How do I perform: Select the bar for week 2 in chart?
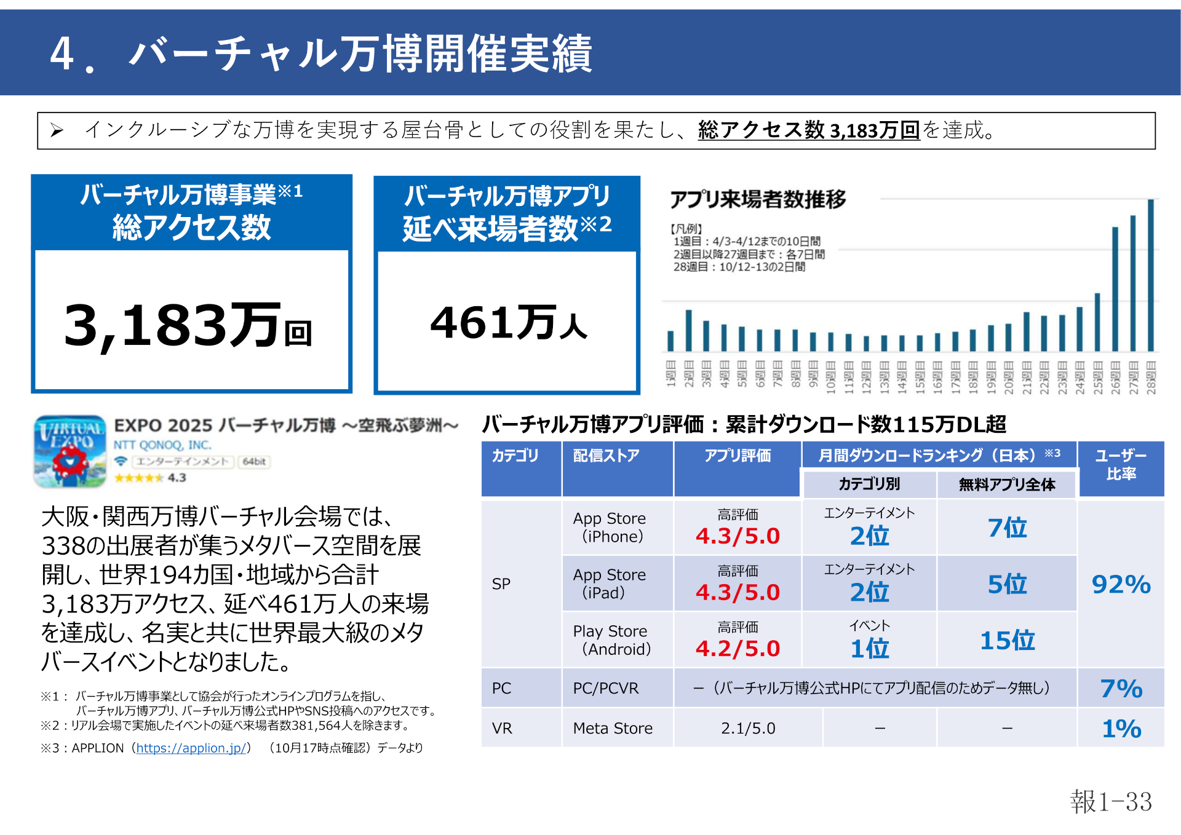(x=688, y=331)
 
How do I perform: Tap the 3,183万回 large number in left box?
(x=188, y=326)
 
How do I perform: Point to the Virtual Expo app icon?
(x=70, y=452)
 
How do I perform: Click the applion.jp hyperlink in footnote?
(x=191, y=748)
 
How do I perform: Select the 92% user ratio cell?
(x=1121, y=585)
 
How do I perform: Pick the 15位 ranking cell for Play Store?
(x=1007, y=641)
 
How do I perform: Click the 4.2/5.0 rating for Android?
(x=738, y=649)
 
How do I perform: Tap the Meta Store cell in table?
(x=613, y=729)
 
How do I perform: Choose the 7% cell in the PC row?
(x=1121, y=689)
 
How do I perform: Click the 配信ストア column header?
(x=606, y=456)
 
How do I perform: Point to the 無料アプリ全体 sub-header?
(x=1006, y=485)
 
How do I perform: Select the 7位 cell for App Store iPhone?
(x=1007, y=528)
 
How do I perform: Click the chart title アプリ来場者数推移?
(x=758, y=199)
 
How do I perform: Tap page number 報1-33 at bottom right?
(x=1111, y=802)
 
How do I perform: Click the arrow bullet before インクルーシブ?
(x=57, y=130)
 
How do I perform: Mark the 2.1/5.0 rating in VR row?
(x=748, y=729)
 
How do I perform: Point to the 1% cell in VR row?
(x=1121, y=729)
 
